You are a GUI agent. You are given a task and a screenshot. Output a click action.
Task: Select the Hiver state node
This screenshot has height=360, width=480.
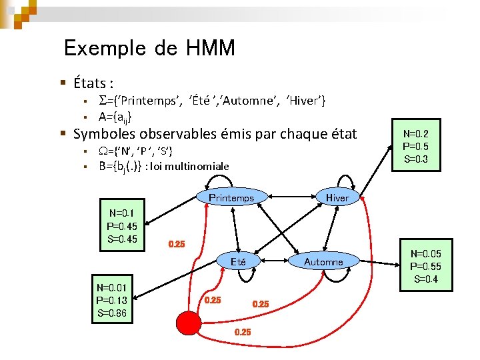337,197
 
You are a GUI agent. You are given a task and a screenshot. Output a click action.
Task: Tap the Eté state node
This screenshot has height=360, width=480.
238,262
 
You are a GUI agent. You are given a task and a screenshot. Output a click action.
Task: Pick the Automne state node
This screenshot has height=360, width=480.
323,262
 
